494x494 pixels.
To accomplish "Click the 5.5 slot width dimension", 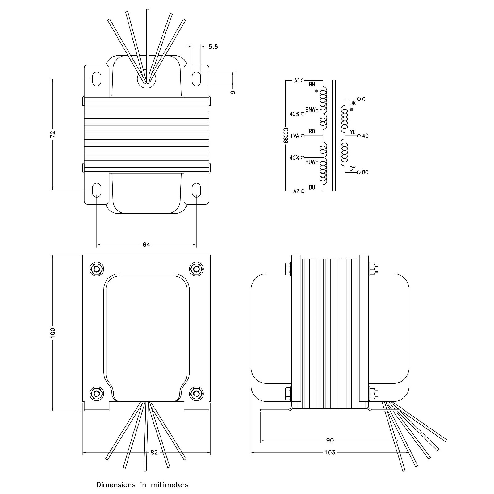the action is (213, 47).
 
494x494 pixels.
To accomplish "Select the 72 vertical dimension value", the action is (53, 134).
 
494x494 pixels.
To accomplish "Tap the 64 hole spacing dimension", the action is (146, 245).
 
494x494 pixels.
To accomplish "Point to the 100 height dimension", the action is (53, 332).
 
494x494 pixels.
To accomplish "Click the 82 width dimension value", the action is (154, 452).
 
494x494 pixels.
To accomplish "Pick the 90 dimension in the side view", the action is (330, 440).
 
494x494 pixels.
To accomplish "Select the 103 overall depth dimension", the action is (330, 452).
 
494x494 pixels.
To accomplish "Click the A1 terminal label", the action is (297, 81).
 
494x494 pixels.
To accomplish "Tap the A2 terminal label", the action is (296, 191).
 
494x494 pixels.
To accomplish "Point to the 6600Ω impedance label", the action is (286, 135).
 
